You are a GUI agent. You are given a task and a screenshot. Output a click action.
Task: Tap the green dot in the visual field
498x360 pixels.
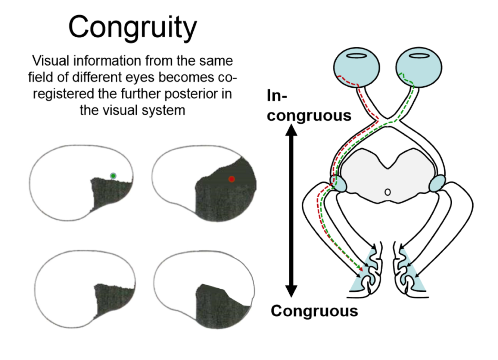point(113,176)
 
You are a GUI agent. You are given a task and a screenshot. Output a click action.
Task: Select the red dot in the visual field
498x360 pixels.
point(231,179)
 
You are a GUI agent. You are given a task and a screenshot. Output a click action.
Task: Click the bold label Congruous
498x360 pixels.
point(314,311)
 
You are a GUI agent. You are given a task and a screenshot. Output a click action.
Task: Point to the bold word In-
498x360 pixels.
point(277,96)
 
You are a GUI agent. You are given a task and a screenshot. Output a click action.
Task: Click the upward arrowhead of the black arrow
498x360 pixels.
point(292,130)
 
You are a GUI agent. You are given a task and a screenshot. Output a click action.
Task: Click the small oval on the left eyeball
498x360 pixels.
point(357,56)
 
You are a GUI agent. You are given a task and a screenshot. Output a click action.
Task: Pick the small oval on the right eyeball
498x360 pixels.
point(419,56)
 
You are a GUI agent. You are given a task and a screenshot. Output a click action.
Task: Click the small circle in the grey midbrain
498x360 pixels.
point(387,192)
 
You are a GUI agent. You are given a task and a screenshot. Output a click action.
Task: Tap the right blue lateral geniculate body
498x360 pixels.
point(437,183)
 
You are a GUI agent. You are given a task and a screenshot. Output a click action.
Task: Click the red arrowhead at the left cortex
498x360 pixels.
point(361,269)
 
